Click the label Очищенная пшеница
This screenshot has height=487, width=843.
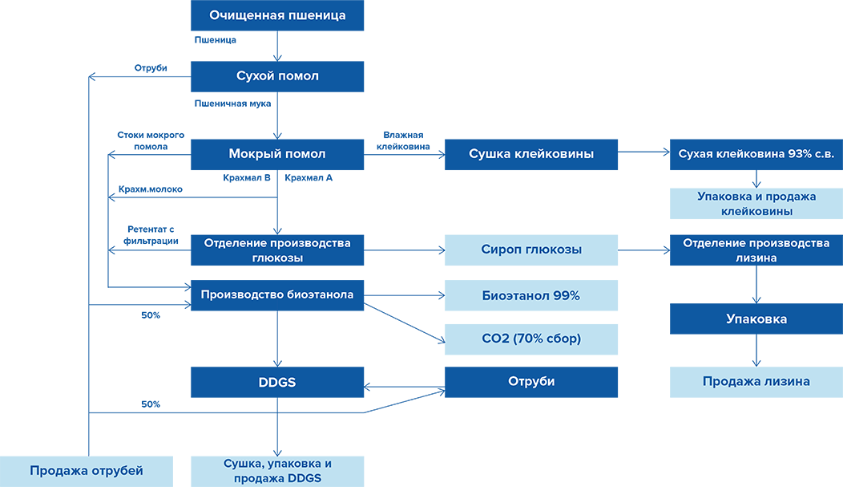coord(277,15)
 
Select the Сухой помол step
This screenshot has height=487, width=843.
coord(277,76)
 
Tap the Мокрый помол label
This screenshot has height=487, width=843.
coord(277,154)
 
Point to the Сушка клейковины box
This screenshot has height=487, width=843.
coord(530,154)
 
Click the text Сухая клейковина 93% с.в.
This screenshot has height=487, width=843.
coord(756,154)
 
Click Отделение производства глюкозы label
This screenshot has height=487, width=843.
coord(277,250)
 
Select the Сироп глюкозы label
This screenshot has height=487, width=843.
coord(531,250)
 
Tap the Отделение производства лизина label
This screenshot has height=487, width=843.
coord(756,250)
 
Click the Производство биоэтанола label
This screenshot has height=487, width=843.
coord(277,294)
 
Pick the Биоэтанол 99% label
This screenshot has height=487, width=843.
coord(531,295)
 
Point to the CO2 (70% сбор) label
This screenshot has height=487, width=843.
coord(531,339)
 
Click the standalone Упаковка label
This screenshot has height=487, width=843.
coord(756,319)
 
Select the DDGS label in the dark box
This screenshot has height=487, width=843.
coord(277,383)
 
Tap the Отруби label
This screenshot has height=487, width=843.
coord(531,382)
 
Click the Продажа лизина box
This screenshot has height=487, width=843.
coord(756,382)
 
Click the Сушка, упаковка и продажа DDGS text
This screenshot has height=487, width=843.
coord(277,471)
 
